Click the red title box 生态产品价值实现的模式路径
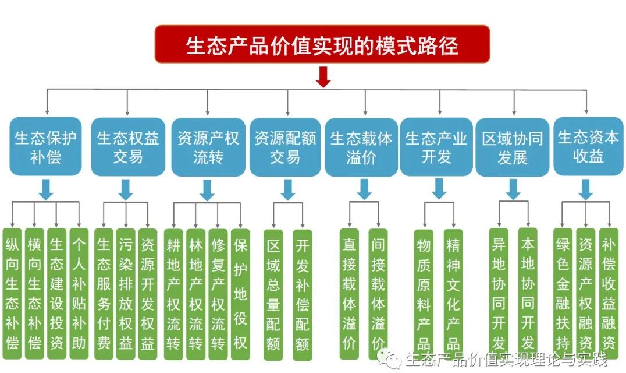[322, 44]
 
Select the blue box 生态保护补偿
[46, 147]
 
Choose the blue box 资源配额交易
[285, 147]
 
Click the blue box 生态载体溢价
[361, 147]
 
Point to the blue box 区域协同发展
[512, 147]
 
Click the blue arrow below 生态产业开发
[439, 188]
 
